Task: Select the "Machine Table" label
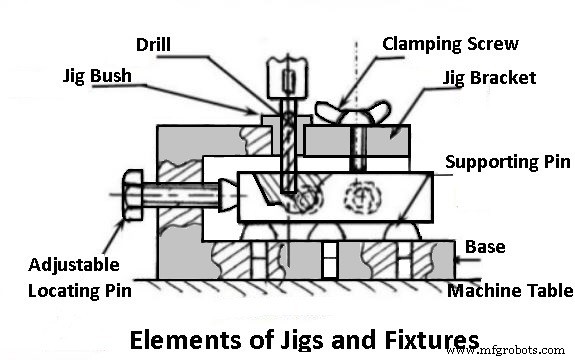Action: click(x=509, y=291)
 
